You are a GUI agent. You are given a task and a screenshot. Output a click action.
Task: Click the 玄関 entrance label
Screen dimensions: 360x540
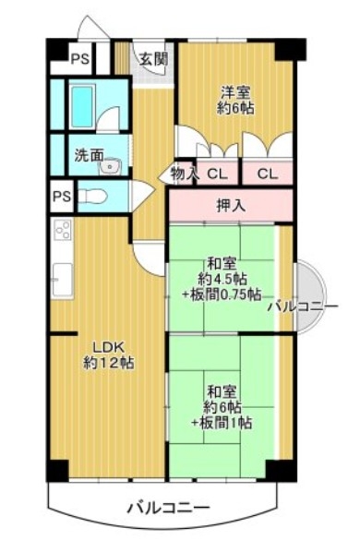[x=153, y=59]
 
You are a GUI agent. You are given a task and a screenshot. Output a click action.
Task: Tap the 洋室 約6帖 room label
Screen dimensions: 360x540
[x=235, y=101]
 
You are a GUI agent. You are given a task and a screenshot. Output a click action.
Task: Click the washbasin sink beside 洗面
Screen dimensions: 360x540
[x=110, y=167]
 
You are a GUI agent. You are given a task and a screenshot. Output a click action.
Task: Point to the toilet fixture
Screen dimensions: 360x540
[x=90, y=197]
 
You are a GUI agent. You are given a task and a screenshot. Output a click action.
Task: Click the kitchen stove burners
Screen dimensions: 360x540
[x=63, y=230]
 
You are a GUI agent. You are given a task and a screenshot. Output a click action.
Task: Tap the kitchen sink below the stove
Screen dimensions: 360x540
[x=62, y=280]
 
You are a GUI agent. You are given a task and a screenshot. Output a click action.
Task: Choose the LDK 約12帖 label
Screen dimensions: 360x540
[x=109, y=354]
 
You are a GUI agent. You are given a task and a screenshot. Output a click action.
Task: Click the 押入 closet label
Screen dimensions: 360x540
[x=231, y=206]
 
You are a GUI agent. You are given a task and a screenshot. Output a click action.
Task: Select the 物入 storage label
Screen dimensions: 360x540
[x=185, y=174]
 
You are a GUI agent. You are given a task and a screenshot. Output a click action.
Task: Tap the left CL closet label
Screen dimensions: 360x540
[x=217, y=174]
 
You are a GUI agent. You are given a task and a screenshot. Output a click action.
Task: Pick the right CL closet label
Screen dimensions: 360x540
[x=268, y=174]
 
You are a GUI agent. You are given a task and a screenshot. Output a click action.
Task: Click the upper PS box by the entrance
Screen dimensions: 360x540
[x=80, y=59]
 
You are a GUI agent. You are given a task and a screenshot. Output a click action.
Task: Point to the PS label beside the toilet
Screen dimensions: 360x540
[x=62, y=197]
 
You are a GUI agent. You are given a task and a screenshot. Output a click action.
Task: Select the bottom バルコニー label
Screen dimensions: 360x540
[x=168, y=508]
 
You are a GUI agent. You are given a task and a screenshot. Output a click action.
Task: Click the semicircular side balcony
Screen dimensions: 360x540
[x=310, y=297]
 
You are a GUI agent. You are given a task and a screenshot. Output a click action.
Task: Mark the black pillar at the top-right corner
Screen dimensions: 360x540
[x=291, y=49]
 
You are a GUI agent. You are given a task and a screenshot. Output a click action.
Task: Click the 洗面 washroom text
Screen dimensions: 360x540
[x=90, y=156]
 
